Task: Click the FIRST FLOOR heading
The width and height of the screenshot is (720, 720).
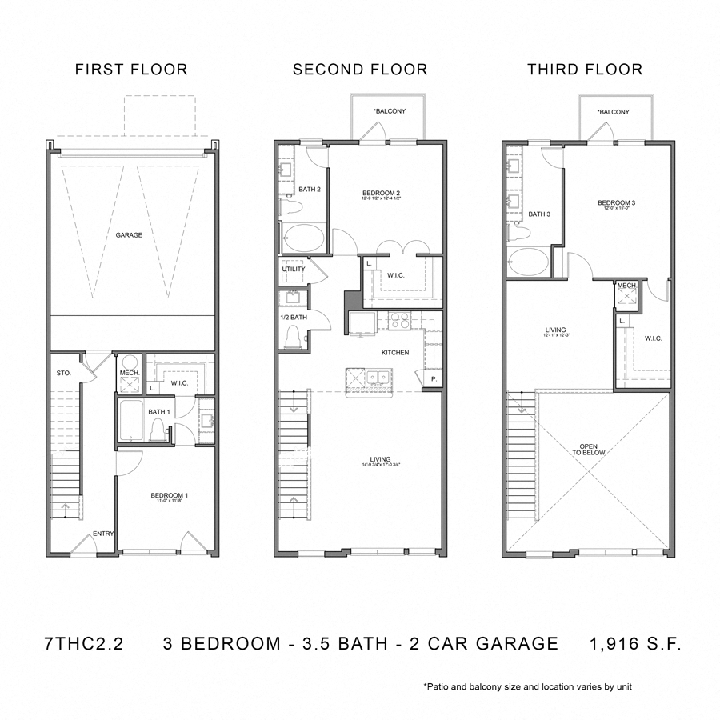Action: pyautogui.click(x=131, y=70)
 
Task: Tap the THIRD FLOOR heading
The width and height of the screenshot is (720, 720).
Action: pyautogui.click(x=584, y=70)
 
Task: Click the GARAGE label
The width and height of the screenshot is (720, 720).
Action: pyautogui.click(x=129, y=235)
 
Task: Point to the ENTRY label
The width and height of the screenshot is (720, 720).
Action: pyautogui.click(x=102, y=534)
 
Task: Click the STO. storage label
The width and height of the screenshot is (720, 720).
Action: pyautogui.click(x=64, y=372)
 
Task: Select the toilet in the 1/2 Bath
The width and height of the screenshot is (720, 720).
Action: pyautogui.click(x=293, y=338)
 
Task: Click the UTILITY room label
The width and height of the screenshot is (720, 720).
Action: pyautogui.click(x=293, y=270)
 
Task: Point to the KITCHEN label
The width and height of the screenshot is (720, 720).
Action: pyautogui.click(x=395, y=353)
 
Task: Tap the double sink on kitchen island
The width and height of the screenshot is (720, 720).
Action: pyautogui.click(x=377, y=376)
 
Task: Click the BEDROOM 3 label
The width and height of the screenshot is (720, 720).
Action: pyautogui.click(x=616, y=204)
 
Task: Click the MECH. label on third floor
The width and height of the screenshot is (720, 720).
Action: pyautogui.click(x=626, y=286)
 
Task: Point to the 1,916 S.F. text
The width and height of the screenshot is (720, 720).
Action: pyautogui.click(x=635, y=644)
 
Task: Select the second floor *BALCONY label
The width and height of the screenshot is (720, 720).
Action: pyautogui.click(x=389, y=110)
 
